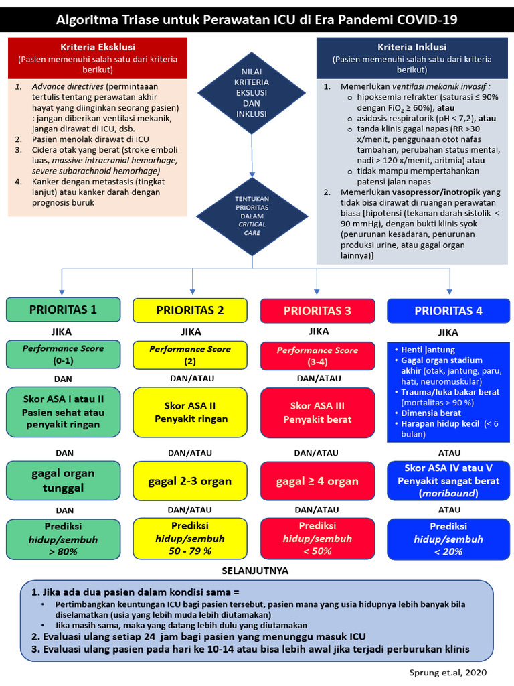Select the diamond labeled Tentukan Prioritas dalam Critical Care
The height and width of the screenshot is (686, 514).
[x=252, y=215]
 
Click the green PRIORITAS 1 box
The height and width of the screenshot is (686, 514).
[x=63, y=310]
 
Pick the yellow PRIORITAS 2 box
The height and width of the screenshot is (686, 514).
[x=189, y=310]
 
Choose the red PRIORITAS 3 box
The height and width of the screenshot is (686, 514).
[x=317, y=311]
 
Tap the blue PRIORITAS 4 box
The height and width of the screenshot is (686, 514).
[x=448, y=311]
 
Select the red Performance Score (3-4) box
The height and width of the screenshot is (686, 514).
[x=317, y=356]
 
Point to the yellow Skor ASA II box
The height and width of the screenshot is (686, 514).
[x=189, y=412]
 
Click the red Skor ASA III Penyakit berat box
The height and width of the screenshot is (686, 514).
[x=317, y=413]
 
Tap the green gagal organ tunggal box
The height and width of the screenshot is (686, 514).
[x=63, y=480]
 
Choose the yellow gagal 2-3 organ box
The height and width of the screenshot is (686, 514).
[x=189, y=481]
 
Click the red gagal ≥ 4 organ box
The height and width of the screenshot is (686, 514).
[x=317, y=481]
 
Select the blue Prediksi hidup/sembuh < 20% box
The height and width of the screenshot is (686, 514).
[x=448, y=539]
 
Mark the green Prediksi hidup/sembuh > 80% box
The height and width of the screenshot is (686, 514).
[x=63, y=539]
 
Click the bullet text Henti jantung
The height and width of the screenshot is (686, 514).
[x=428, y=350]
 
